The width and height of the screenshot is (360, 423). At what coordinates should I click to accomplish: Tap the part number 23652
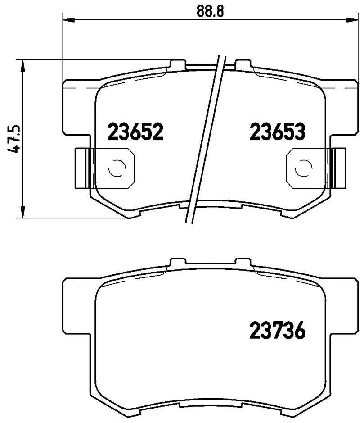pos(135,132)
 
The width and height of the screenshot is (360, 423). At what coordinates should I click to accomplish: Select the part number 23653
pos(278,132)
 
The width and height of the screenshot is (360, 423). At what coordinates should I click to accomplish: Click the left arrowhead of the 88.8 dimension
pos(67,20)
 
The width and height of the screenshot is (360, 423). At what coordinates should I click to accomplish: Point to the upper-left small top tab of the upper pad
pos(178,63)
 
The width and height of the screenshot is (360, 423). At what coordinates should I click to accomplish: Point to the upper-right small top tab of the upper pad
pos(243,63)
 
